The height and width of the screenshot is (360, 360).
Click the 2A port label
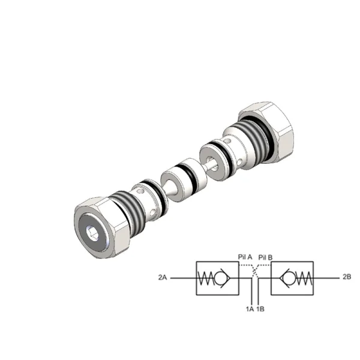coord(162,277)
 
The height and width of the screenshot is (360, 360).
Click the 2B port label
coord(347,277)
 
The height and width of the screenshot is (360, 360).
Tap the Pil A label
coord(245,257)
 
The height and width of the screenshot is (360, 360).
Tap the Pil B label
coord(265,257)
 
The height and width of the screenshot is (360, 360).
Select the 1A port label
coord(250,309)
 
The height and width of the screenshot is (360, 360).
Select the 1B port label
coord(260,309)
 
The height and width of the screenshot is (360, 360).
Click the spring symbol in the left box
coord(206,278)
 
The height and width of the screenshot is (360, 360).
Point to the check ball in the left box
coord(219,278)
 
